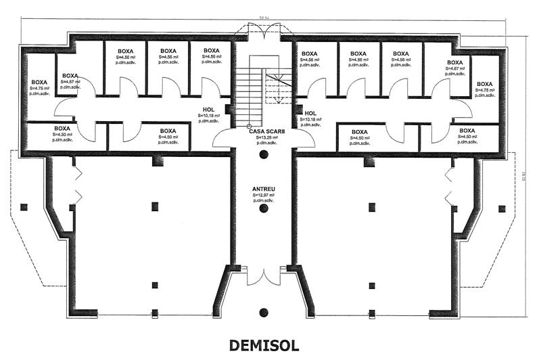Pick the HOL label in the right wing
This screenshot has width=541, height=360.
(310, 114)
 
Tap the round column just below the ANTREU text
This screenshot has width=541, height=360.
(264, 209)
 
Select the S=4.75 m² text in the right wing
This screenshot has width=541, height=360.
(486, 89)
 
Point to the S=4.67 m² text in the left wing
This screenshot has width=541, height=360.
(71, 82)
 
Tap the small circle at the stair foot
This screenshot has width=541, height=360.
(249, 126)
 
